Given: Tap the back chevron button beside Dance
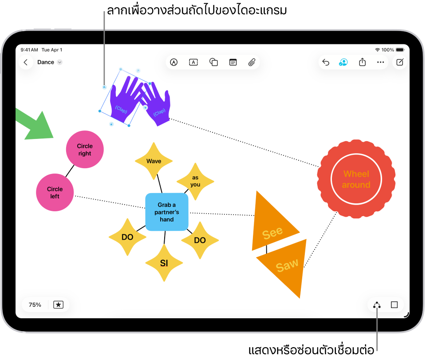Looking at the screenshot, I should (x=26, y=63).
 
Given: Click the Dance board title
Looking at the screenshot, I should (x=46, y=63).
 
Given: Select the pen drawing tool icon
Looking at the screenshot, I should (x=174, y=63).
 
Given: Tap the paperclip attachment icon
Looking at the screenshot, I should (x=252, y=63).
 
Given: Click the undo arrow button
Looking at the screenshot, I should (x=326, y=63).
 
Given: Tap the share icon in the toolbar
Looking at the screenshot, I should (x=362, y=63).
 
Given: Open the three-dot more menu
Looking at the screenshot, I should (x=380, y=63).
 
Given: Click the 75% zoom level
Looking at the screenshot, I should (x=35, y=305).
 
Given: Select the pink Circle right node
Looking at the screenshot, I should (x=85, y=150).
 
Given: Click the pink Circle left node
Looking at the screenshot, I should (x=55, y=192).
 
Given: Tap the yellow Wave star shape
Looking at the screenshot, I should (x=154, y=161).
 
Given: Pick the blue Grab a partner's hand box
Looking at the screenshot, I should (x=167, y=212).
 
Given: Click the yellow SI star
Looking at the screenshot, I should (x=164, y=263).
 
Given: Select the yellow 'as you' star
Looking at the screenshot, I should (x=195, y=181).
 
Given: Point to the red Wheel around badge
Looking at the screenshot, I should (x=356, y=179).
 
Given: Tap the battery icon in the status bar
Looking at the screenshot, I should (x=400, y=50).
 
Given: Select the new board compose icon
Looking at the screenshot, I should (x=400, y=63).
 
